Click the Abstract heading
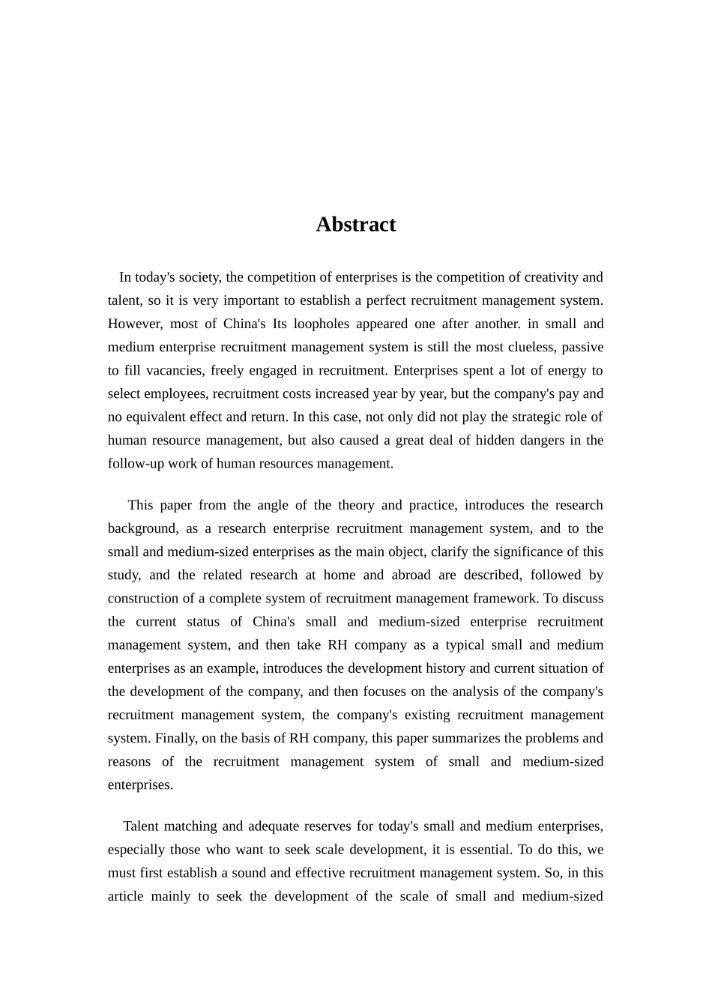pyautogui.click(x=355, y=225)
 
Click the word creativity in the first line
pyautogui.click(x=551, y=277)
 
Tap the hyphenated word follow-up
pyautogui.click(x=136, y=463)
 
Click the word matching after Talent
pyautogui.click(x=190, y=826)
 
